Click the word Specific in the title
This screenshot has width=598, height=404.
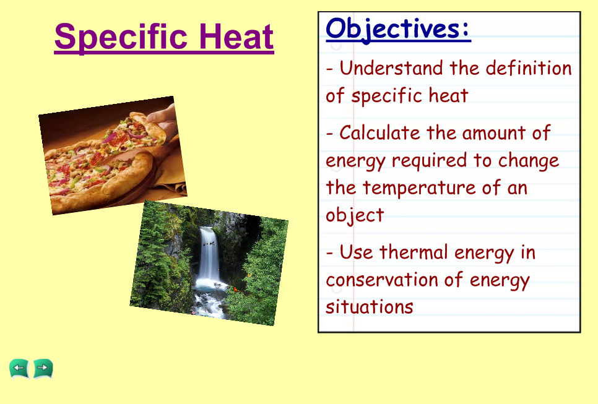point(121,37)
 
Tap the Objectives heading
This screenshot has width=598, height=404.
point(398,30)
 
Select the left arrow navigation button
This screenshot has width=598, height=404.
point(19,369)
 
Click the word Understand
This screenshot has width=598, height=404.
point(391,68)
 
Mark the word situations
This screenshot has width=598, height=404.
point(369,307)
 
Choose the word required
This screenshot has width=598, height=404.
point(429,161)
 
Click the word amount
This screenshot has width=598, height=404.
point(493,133)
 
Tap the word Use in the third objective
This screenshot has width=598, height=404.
point(356,252)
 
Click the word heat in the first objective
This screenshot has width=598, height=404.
point(448,95)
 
